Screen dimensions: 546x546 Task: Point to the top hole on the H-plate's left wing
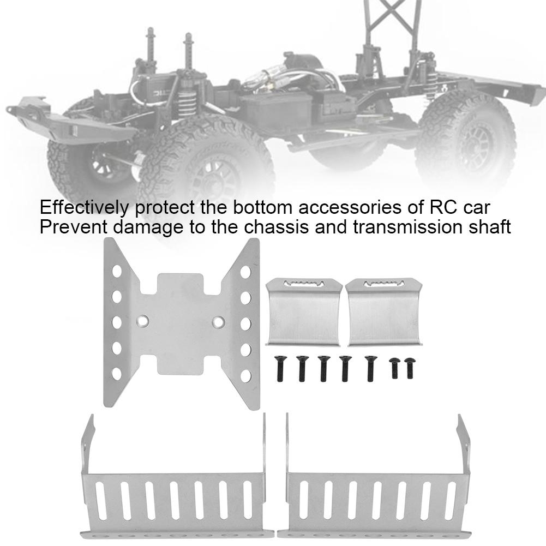pyautogui.click(x=116, y=271)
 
